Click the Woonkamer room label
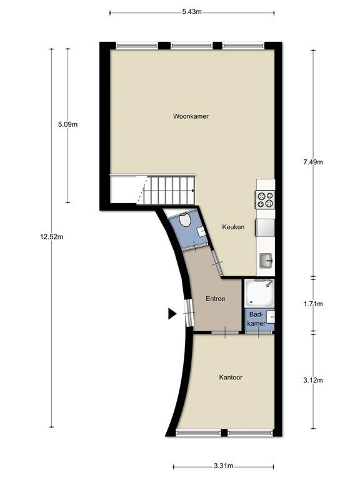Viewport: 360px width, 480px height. coord(191,116)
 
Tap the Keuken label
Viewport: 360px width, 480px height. coord(233,227)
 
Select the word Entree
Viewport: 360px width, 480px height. coord(215,299)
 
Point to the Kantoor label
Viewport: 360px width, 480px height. coord(231,377)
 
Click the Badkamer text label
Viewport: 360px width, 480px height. coord(256,319)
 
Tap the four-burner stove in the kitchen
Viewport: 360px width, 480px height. coord(265,199)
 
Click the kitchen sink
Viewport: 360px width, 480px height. coord(266,261)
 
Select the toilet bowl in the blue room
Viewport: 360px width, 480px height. coord(184,220)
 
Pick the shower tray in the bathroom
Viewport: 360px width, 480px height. coord(259,292)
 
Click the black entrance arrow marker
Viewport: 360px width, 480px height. coord(172,314)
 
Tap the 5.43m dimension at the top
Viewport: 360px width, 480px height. coord(192,12)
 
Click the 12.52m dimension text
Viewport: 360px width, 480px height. coord(51,237)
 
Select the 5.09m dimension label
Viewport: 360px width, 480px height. coord(67,124)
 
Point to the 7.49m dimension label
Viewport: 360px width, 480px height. coord(313,162)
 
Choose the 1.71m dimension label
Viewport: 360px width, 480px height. coord(313,304)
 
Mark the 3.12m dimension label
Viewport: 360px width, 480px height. coord(313,380)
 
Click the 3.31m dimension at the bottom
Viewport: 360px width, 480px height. coord(224,466)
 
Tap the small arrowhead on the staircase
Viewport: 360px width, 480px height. coord(193,191)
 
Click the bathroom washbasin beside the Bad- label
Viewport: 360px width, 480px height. coord(270,317)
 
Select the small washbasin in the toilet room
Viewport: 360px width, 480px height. coord(201,231)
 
